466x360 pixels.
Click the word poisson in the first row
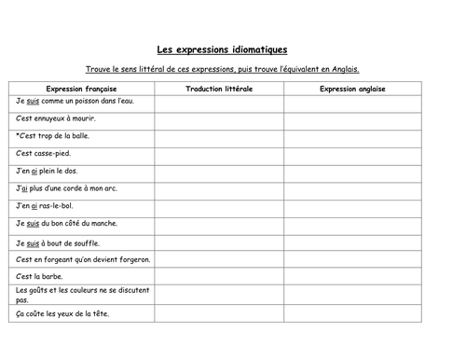(85, 102)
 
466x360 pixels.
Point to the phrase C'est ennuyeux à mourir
(55, 119)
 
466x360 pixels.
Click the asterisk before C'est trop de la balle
(18, 136)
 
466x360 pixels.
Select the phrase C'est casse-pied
(44, 154)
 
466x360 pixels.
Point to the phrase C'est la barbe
(40, 276)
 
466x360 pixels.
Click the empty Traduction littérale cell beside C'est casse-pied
(219, 154)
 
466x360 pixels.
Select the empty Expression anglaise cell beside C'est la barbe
(351, 276)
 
